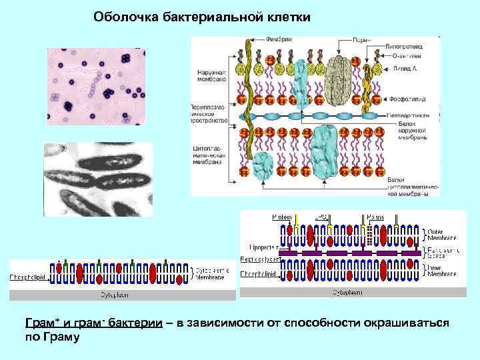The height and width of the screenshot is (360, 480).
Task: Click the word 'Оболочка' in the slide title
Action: point(123,16)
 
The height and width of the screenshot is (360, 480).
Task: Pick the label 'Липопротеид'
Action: point(413,47)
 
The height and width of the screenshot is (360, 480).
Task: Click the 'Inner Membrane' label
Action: point(443,270)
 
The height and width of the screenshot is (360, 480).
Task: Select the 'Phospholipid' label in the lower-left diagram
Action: point(27,275)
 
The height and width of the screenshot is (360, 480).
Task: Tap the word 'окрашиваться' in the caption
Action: point(406,323)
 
